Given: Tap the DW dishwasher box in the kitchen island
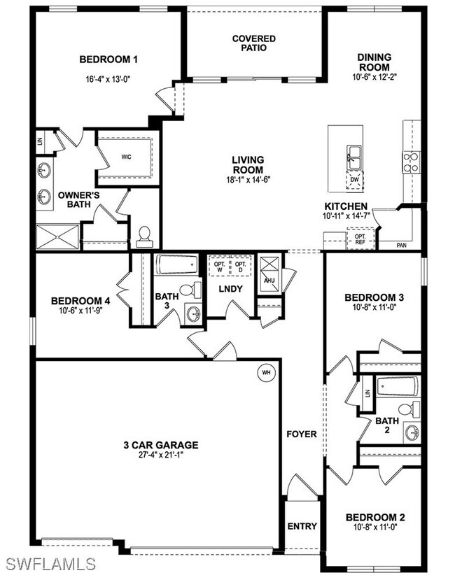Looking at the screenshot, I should click(354, 180).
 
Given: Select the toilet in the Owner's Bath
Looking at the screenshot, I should click(145, 236).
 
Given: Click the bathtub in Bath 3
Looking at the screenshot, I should click(178, 265).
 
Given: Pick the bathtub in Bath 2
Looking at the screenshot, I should click(397, 386).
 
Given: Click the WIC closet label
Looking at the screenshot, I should click(126, 157).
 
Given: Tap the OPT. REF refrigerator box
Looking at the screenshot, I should click(360, 240).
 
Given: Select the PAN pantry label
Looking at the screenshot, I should click(402, 246).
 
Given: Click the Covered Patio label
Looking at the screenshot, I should click(254, 43).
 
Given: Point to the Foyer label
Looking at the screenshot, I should click(302, 434).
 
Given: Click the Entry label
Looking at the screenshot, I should click(302, 526).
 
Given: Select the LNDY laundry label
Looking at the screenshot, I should click(230, 288).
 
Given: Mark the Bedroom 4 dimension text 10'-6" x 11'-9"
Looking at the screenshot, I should click(80, 311).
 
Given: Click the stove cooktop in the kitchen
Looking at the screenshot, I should click(410, 162).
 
